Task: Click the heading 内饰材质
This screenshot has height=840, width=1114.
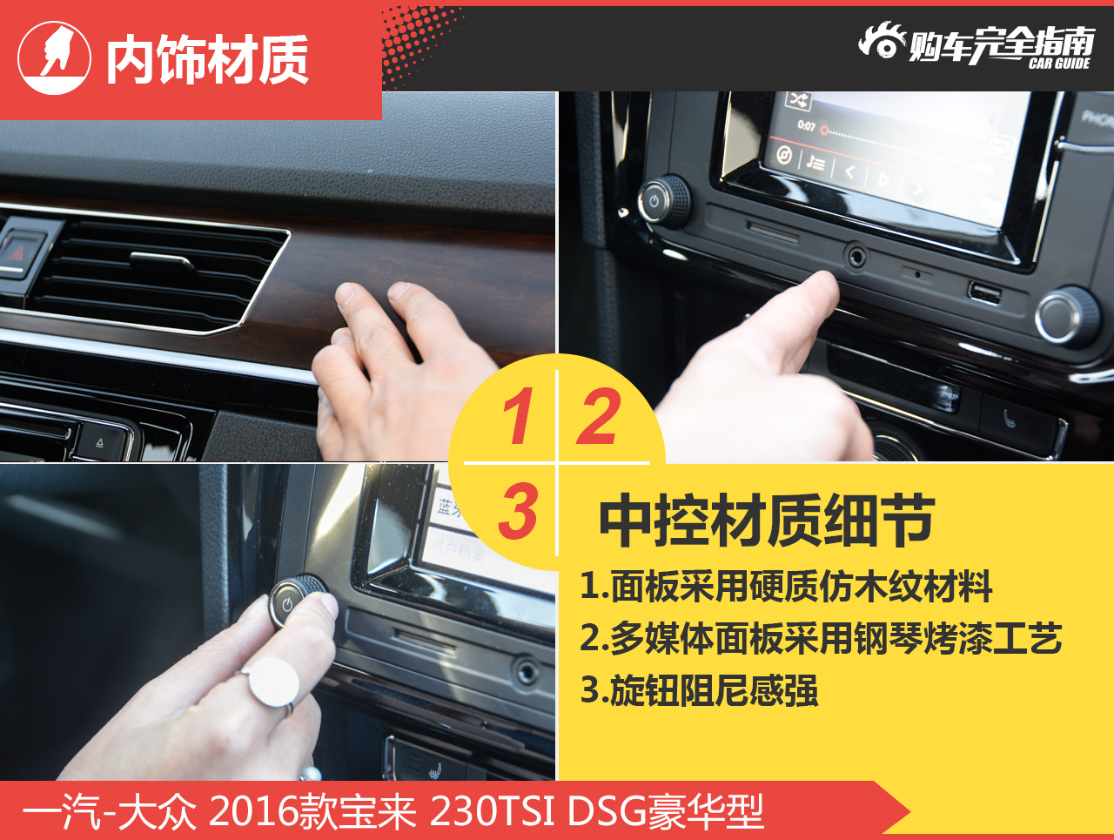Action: [x=207, y=60]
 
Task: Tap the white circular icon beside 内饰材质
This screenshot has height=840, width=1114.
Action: [x=54, y=57]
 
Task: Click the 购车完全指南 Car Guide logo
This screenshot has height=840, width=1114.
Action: [x=976, y=45]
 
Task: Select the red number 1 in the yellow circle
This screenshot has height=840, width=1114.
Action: [x=519, y=417]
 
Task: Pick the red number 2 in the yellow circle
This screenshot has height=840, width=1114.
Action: [x=600, y=417]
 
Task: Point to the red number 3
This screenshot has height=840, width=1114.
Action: [x=519, y=511]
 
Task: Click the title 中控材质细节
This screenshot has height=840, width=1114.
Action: [x=766, y=521]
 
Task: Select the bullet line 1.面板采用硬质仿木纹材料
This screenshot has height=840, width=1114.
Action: [x=786, y=587]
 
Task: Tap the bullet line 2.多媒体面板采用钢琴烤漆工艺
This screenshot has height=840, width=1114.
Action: [x=821, y=638]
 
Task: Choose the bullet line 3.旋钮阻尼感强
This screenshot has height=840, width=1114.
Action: [x=699, y=690]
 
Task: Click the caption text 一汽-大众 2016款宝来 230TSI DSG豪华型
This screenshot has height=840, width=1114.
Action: [x=393, y=811]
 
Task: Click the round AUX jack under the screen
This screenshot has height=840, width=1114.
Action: [x=857, y=257]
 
